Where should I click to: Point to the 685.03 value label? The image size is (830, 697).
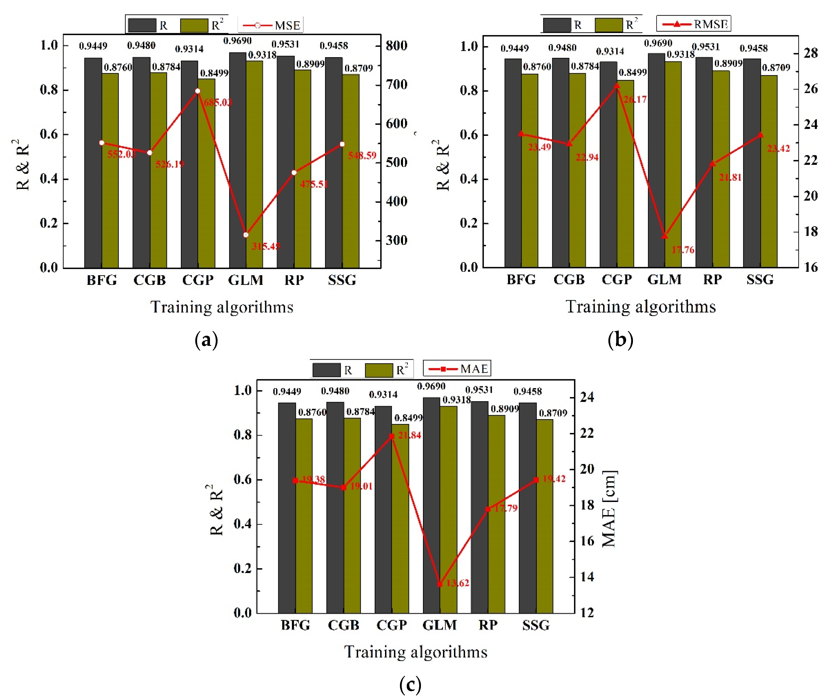(x=218, y=102)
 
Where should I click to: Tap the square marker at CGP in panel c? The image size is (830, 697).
(x=392, y=436)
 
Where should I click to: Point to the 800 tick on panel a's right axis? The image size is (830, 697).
(x=396, y=46)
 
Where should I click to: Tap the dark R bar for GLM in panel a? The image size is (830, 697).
(x=238, y=158)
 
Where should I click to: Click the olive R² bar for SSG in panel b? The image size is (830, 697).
(x=769, y=170)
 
